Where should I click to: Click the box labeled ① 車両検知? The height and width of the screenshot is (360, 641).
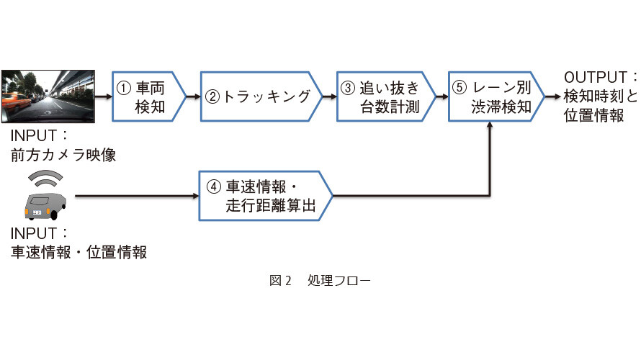click(x=149, y=97)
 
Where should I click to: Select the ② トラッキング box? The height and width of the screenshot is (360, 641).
click(x=261, y=97)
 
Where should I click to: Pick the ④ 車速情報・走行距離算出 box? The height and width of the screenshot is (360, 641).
click(x=266, y=196)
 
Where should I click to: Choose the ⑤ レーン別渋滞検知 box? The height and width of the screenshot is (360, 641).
click(x=497, y=97)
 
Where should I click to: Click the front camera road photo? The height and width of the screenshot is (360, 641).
click(x=48, y=96)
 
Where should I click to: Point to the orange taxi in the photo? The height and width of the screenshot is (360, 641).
click(x=17, y=101)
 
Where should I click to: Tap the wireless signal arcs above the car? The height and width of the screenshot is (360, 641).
click(x=45, y=177)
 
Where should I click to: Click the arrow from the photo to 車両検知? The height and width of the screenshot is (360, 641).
click(x=104, y=97)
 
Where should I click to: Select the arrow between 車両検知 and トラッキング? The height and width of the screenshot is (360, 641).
click(x=194, y=97)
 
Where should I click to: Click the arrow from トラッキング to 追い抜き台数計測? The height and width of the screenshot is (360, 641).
click(x=330, y=97)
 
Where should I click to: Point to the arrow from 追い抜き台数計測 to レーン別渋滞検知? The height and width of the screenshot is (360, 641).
click(x=442, y=97)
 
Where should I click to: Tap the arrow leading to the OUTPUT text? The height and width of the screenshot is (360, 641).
click(x=552, y=97)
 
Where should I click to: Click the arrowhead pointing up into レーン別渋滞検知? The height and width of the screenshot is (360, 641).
click(x=489, y=125)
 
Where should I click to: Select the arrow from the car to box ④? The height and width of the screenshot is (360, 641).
click(x=137, y=196)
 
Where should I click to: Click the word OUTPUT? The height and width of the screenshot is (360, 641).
click(x=595, y=77)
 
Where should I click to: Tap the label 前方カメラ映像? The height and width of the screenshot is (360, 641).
click(x=63, y=155)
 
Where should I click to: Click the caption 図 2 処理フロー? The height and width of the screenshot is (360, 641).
click(x=320, y=281)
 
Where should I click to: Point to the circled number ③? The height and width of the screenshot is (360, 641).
click(x=347, y=88)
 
